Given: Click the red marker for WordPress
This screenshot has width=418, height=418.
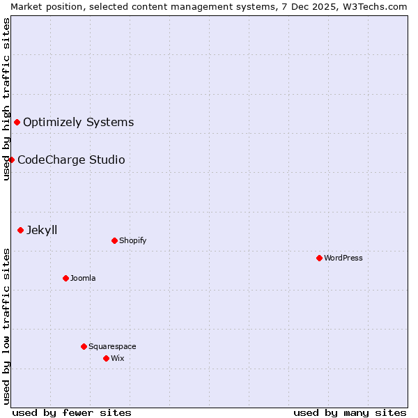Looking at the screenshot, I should point(319,258).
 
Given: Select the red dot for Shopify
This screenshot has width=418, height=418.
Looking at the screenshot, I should point(114,240).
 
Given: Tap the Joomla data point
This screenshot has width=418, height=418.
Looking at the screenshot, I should point(65,278).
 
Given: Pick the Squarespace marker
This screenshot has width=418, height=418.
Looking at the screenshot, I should point(84,346).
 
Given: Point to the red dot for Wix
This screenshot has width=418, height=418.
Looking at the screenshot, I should point(106,358).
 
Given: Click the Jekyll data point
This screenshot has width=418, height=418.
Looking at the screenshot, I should point(20,230).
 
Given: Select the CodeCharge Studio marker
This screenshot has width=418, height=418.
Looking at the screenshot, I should point(11,160).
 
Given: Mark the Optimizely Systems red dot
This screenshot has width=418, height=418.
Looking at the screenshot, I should point(17,122).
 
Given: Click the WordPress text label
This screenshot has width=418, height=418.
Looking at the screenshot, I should point(343,258).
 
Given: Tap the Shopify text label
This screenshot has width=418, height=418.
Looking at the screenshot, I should point(133,240).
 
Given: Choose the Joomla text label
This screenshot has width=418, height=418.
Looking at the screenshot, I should point(83,278).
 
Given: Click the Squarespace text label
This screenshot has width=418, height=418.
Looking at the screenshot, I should point(112,346).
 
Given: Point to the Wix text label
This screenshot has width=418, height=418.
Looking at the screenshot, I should point(118,358).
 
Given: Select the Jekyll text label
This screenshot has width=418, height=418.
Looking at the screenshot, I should point(42,230).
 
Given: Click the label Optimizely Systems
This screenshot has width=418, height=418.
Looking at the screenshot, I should point(79,122).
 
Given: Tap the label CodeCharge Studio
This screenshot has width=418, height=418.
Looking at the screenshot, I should point(71,160).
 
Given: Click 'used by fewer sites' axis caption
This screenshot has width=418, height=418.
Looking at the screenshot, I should point(72,412).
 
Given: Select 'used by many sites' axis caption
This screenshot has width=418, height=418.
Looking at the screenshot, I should point(350,412).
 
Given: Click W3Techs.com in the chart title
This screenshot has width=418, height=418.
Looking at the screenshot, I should point(379,6).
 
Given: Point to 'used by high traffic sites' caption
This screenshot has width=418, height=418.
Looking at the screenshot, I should point(6,99).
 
